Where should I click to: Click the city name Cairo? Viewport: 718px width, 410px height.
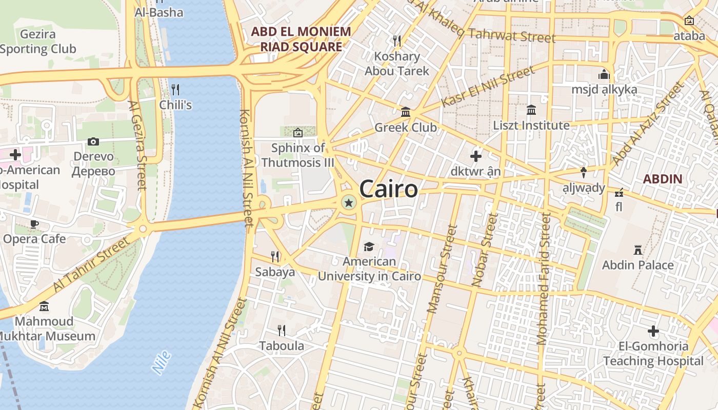(388, 189)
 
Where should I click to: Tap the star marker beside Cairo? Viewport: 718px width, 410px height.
(349, 203)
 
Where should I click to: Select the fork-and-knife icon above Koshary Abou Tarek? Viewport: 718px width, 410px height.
(396, 40)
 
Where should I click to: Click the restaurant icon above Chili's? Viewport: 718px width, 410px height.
(175, 90)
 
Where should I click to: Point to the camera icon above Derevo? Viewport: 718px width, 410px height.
(93, 141)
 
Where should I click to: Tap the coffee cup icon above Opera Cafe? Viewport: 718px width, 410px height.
(34, 224)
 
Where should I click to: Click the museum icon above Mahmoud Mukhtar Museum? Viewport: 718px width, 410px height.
(44, 306)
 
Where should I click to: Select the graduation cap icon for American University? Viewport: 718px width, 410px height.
(369, 247)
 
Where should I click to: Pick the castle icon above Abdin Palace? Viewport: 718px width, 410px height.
(638, 250)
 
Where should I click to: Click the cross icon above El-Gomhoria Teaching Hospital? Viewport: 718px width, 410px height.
(653, 331)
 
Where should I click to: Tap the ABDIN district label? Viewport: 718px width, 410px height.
(663, 179)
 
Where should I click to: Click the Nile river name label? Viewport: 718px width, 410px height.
(162, 362)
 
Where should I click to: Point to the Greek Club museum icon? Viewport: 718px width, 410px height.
(406, 112)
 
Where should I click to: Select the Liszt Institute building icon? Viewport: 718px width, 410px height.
(531, 110)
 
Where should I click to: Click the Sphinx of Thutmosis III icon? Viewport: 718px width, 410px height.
(297, 133)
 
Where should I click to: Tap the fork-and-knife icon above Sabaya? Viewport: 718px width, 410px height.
(275, 256)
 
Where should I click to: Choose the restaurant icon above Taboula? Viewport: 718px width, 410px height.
(281, 330)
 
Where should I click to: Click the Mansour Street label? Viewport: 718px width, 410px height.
(442, 269)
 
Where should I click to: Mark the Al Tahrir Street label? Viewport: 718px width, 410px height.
(91, 264)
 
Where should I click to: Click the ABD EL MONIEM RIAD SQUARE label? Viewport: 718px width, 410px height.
(301, 39)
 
